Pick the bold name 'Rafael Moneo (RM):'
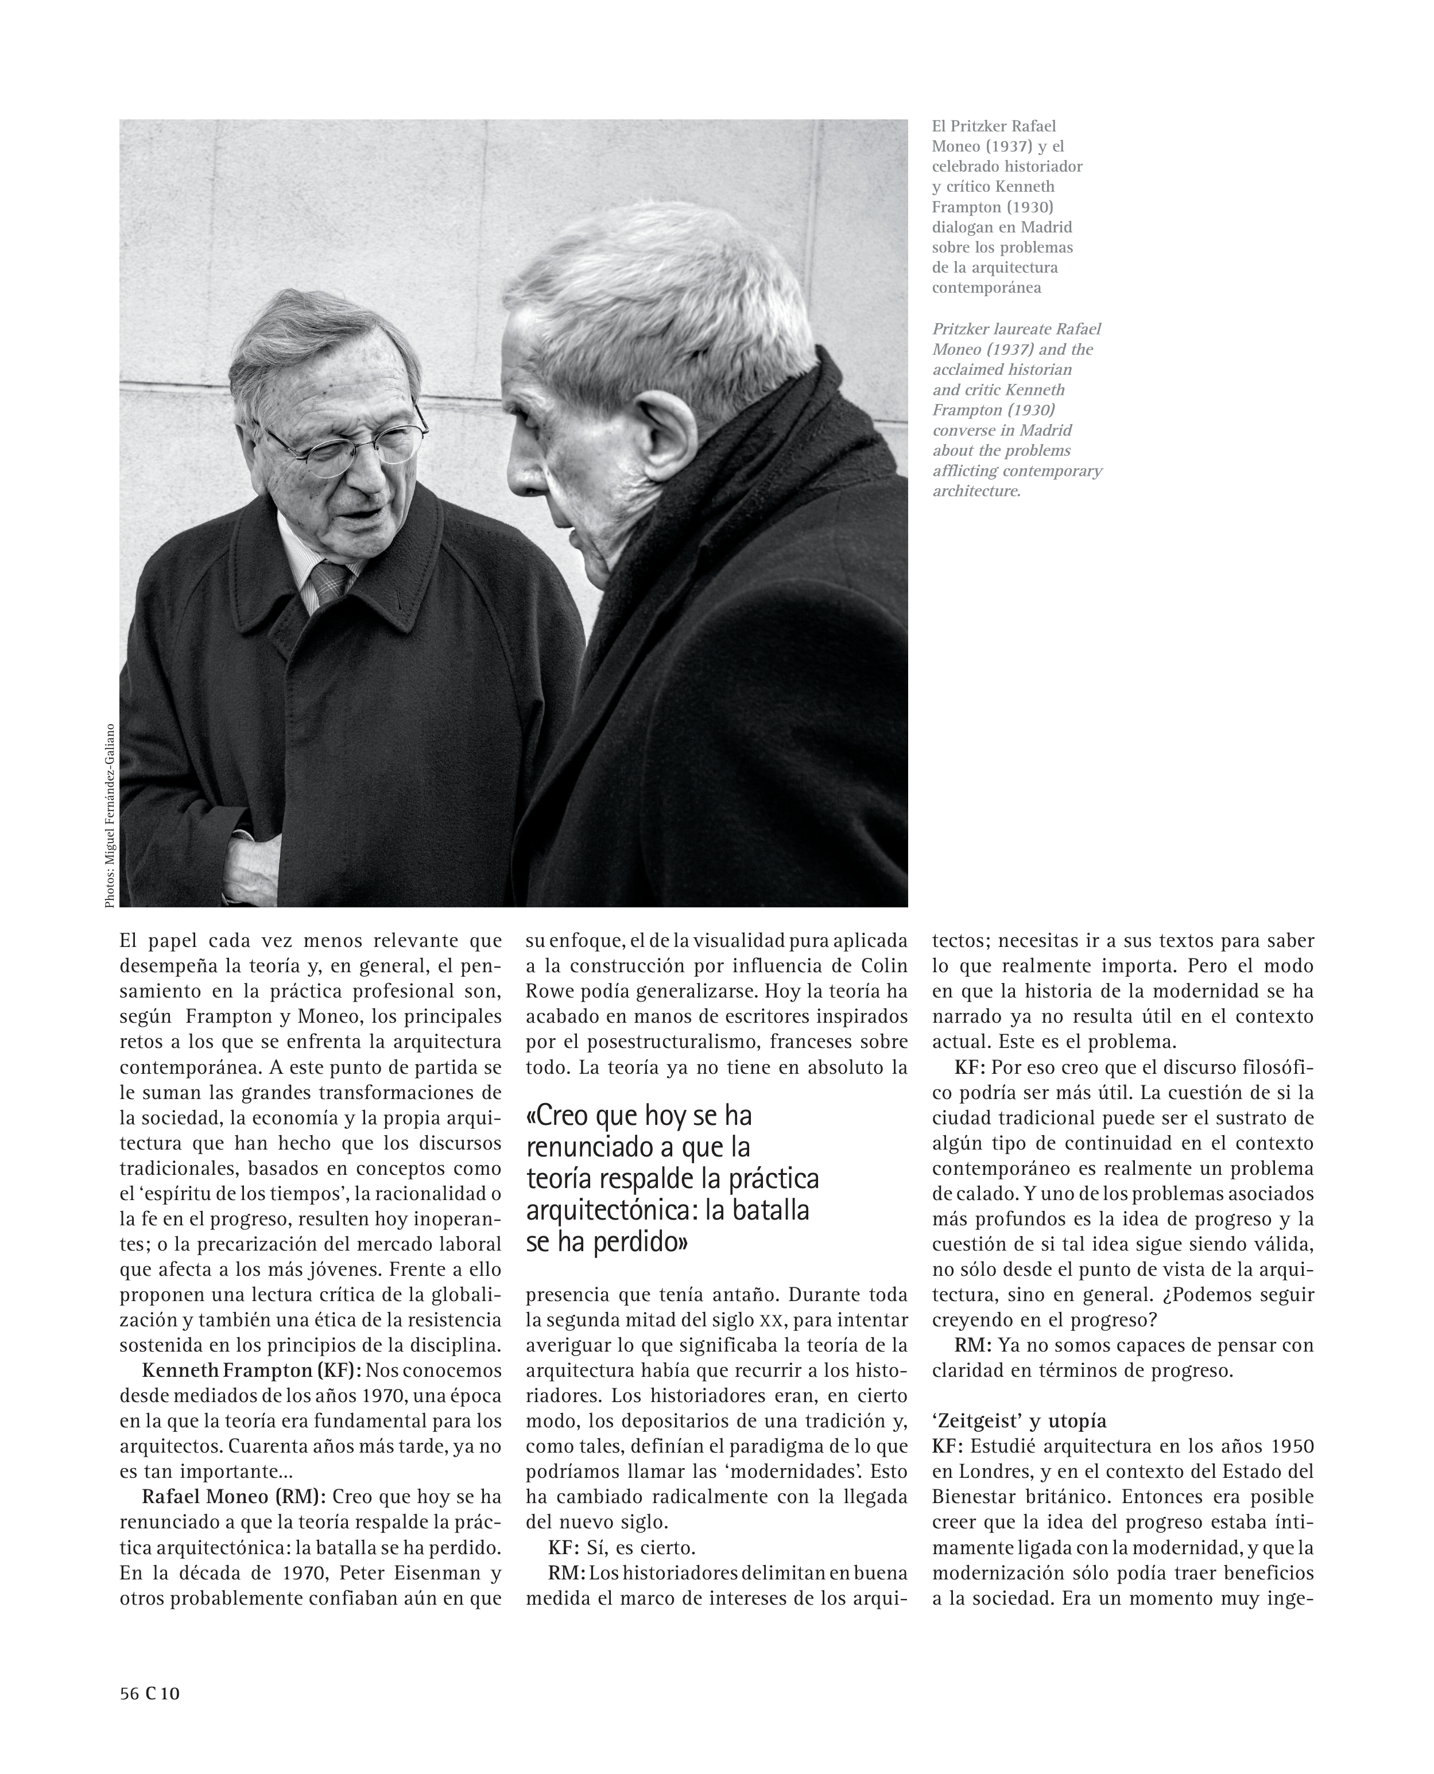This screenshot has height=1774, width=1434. (234, 1496)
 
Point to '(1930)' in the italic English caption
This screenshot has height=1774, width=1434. (1024, 410)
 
